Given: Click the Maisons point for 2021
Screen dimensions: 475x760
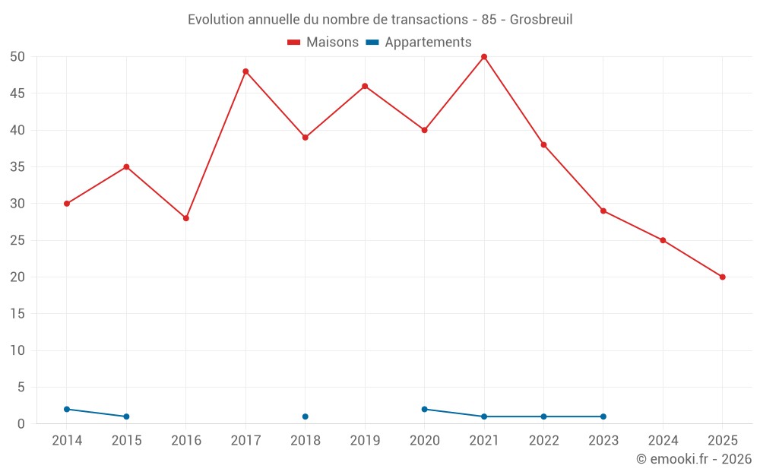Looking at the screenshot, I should (x=484, y=57).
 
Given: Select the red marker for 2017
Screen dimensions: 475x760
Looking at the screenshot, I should (x=245, y=71).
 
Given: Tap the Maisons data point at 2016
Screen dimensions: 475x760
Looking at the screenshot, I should (x=186, y=218).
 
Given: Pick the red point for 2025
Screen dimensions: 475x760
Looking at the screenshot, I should (x=723, y=277).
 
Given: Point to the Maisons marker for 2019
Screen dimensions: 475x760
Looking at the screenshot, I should (x=365, y=86).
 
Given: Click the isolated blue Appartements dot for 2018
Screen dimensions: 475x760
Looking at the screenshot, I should (x=306, y=416).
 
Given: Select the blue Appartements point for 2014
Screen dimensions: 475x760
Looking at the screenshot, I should (x=67, y=409).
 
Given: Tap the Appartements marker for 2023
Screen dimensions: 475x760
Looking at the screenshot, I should (x=603, y=416).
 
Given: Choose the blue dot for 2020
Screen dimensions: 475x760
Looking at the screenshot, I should (x=425, y=409).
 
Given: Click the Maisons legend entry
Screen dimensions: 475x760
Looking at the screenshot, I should (x=323, y=43).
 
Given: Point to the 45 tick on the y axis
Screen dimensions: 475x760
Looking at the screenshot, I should (x=17, y=93).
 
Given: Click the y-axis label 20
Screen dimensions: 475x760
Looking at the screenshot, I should (x=17, y=277).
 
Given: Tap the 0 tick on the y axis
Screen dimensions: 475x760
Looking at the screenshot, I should (x=21, y=424).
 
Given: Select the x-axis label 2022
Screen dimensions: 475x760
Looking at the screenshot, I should (x=543, y=441).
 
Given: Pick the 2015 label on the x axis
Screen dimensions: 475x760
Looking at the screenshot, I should (x=126, y=441).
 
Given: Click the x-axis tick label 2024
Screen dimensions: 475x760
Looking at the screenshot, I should (x=663, y=441).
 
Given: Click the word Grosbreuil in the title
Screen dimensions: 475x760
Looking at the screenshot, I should (x=541, y=19).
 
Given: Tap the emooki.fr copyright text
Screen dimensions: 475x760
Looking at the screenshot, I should (x=694, y=459).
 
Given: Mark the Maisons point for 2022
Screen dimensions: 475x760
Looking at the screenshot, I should (x=543, y=144).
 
